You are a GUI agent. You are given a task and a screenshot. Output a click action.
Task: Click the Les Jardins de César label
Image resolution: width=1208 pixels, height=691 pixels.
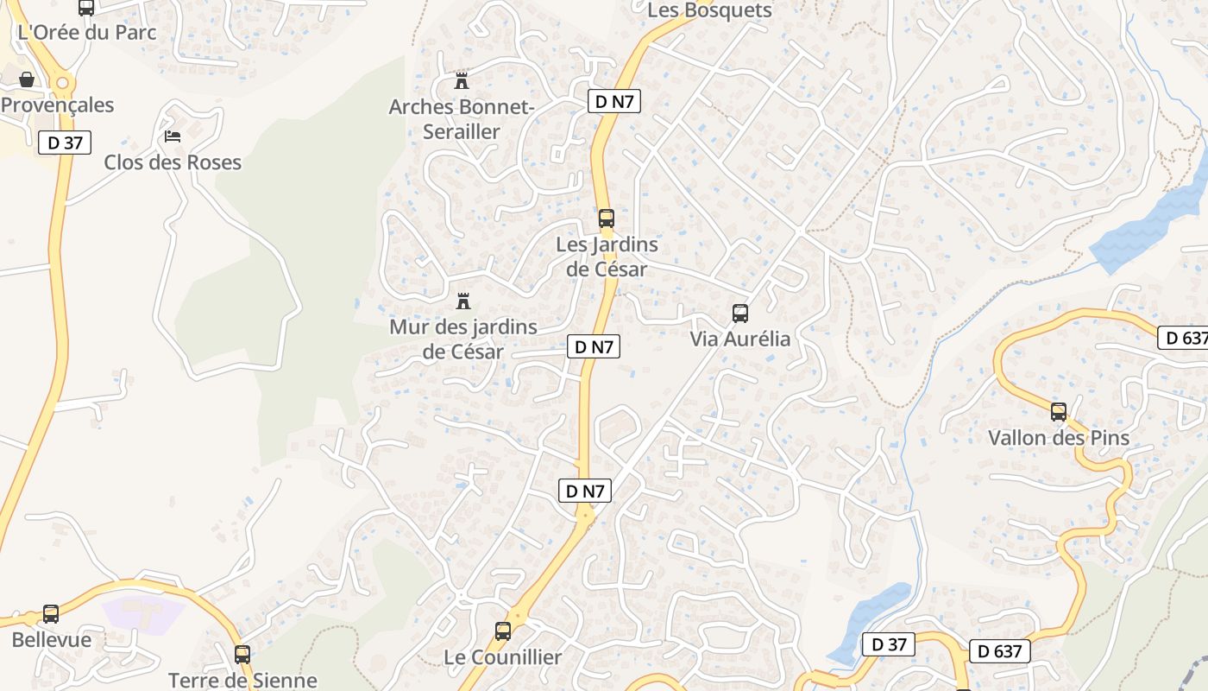pos(607,257)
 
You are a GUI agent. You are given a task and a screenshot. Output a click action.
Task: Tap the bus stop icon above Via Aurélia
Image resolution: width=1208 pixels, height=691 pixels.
pos(740,314)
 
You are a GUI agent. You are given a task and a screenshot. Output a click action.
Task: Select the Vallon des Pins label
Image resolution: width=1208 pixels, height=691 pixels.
pos(1059,438)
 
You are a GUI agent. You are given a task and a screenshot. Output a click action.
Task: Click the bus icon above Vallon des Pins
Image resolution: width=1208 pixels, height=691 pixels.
pos(1059,412)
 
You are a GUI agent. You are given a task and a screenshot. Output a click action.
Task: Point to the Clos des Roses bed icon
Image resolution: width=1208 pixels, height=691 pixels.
pos(173,136)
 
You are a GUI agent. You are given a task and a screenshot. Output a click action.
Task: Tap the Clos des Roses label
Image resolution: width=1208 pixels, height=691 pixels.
pos(173,162)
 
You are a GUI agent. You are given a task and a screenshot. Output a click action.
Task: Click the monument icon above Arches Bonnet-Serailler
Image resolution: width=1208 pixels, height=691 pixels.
pos(462,81)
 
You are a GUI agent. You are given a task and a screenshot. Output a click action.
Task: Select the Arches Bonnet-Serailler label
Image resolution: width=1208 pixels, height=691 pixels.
pos(462,119)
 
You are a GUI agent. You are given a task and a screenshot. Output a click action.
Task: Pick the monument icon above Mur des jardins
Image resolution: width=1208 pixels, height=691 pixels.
pos(463,301)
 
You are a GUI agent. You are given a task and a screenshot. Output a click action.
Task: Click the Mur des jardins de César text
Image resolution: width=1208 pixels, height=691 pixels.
pos(463,339)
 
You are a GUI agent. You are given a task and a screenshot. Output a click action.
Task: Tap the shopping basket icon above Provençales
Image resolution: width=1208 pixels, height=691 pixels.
pos(27,79)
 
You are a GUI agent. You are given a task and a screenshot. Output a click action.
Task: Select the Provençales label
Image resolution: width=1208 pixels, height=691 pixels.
pos(57,105)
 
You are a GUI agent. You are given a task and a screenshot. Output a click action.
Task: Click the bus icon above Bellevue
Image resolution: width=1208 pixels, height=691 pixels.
pos(51,614)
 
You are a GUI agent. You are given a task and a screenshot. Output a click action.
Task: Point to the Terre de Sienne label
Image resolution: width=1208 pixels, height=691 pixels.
pos(242,680)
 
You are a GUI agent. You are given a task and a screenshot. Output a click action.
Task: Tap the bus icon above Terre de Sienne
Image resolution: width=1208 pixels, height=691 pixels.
pos(242,655)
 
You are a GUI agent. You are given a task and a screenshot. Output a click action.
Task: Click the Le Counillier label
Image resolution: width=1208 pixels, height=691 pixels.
pos(503,657)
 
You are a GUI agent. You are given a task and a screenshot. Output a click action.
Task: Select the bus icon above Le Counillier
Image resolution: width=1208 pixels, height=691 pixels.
pos(503,631)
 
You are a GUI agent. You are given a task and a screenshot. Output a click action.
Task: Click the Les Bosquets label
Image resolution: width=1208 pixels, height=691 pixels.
pos(709,10)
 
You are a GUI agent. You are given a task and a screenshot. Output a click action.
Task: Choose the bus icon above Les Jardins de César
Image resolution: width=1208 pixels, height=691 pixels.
pos(607,219)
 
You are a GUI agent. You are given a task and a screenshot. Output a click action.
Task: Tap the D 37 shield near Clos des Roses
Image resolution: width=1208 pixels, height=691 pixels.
pos(65,143)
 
